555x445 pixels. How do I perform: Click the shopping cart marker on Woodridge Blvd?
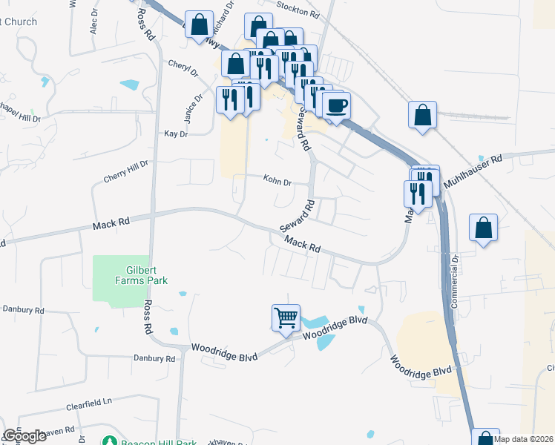pos(286,318)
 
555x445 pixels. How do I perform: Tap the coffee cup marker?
pos(336,105)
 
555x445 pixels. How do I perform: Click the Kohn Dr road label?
pos(277,179)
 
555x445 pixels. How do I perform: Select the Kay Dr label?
pos(176,134)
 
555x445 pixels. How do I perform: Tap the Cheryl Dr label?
pos(183,68)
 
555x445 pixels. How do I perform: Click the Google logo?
pos(24,436)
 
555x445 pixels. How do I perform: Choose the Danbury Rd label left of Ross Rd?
pos(23,309)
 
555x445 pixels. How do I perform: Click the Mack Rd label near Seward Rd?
pos(303,243)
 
